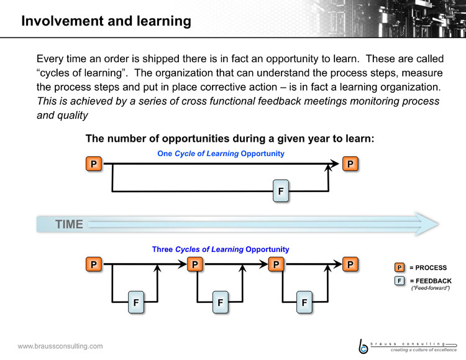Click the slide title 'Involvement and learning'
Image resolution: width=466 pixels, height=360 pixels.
coord(106,21)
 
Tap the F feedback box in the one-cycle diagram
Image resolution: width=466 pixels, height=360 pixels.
coord(281,191)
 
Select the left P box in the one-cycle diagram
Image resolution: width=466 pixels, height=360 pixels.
coord(94,164)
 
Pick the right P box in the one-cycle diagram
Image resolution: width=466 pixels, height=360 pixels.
coord(350,164)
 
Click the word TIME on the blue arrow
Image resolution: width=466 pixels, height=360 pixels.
coord(69,224)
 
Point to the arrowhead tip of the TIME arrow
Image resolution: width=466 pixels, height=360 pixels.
coord(439,224)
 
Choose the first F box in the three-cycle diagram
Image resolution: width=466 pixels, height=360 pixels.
coord(136,302)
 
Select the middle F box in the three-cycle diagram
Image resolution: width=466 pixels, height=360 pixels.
coord(220,302)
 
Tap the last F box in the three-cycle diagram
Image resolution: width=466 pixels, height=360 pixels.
coord(304,302)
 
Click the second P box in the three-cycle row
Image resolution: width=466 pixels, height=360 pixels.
coord(195,264)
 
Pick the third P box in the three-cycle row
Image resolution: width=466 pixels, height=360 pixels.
coord(276,264)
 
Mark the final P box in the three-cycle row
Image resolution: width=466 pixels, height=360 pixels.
coord(350,264)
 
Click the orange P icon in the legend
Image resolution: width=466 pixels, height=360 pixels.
coord(400,267)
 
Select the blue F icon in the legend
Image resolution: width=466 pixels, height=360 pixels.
coord(400,280)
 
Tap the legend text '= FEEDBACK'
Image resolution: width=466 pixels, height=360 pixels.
coord(431,281)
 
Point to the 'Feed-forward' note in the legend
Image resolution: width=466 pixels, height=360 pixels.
coord(431,288)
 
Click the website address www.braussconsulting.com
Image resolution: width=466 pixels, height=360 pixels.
coord(60,346)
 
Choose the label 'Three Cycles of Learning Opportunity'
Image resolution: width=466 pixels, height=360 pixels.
coord(221,249)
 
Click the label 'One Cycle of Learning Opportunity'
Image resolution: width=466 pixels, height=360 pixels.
coord(221,154)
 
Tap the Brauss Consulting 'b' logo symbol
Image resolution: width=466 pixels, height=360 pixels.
coord(363,346)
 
